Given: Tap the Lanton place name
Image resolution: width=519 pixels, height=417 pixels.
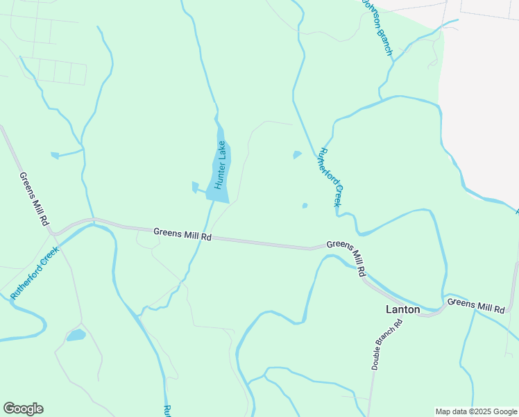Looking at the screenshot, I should [x=403, y=309].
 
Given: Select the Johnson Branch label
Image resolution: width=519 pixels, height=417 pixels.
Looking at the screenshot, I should [x=378, y=28].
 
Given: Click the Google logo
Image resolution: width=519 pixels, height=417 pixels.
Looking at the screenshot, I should [x=23, y=409].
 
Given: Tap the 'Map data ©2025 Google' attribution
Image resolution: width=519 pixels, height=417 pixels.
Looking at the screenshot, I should [x=476, y=411].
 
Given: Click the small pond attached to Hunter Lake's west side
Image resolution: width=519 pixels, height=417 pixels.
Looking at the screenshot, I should [x=195, y=186].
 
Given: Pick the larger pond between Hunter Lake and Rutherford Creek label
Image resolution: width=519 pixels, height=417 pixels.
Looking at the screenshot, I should [x=298, y=154].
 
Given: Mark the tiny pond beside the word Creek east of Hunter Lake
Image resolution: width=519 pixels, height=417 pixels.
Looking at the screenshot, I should [x=305, y=205].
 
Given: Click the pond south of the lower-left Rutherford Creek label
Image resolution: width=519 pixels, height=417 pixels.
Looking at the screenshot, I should [x=76, y=335].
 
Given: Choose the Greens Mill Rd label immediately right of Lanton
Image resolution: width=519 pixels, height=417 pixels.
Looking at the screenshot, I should [x=476, y=305].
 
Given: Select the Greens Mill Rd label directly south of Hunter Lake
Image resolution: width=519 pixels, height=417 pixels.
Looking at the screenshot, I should [x=182, y=234].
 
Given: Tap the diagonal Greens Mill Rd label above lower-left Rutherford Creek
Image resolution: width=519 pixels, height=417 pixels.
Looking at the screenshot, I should [x=34, y=199].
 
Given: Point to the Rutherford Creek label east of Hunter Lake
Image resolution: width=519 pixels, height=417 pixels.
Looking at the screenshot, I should [x=330, y=177].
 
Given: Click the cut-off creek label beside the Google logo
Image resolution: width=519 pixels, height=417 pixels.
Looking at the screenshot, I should [x=167, y=410].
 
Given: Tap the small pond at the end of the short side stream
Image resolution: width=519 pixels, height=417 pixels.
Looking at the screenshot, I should [x=55, y=155].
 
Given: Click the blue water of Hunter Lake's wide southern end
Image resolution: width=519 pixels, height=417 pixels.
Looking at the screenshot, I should [x=218, y=193].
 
